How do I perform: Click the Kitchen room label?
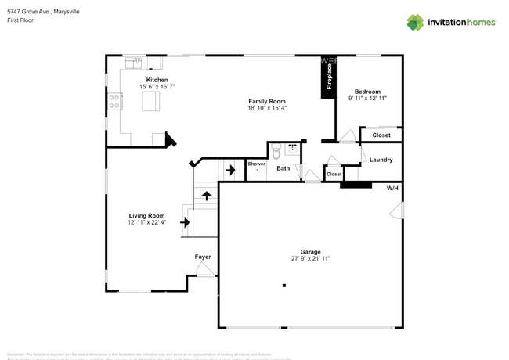pyautogui.click(x=153, y=80)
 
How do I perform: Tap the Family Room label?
pyautogui.click(x=267, y=101)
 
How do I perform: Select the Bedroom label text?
pyautogui.click(x=367, y=91)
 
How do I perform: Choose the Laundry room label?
pyautogui.click(x=381, y=160)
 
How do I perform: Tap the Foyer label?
pyautogui.click(x=203, y=257)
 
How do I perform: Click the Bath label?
pyautogui.click(x=283, y=168)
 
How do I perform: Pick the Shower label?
pyautogui.click(x=257, y=164)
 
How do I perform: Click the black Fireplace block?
pyautogui.click(x=327, y=78)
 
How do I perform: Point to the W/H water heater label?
pyautogui.click(x=392, y=188)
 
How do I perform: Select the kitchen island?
pyautogui.click(x=151, y=101)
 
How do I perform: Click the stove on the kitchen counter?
pyautogui.click(x=115, y=100)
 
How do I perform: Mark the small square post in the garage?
pyautogui.click(x=284, y=286)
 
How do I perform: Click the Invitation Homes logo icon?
pyautogui.click(x=415, y=22)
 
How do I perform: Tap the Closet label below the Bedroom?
pyautogui.click(x=381, y=135)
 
